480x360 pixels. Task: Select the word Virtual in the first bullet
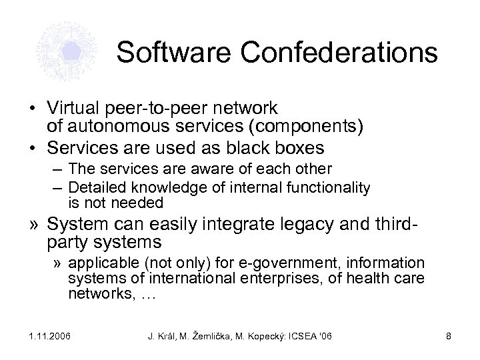(x=71, y=107)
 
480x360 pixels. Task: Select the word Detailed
(x=93, y=189)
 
